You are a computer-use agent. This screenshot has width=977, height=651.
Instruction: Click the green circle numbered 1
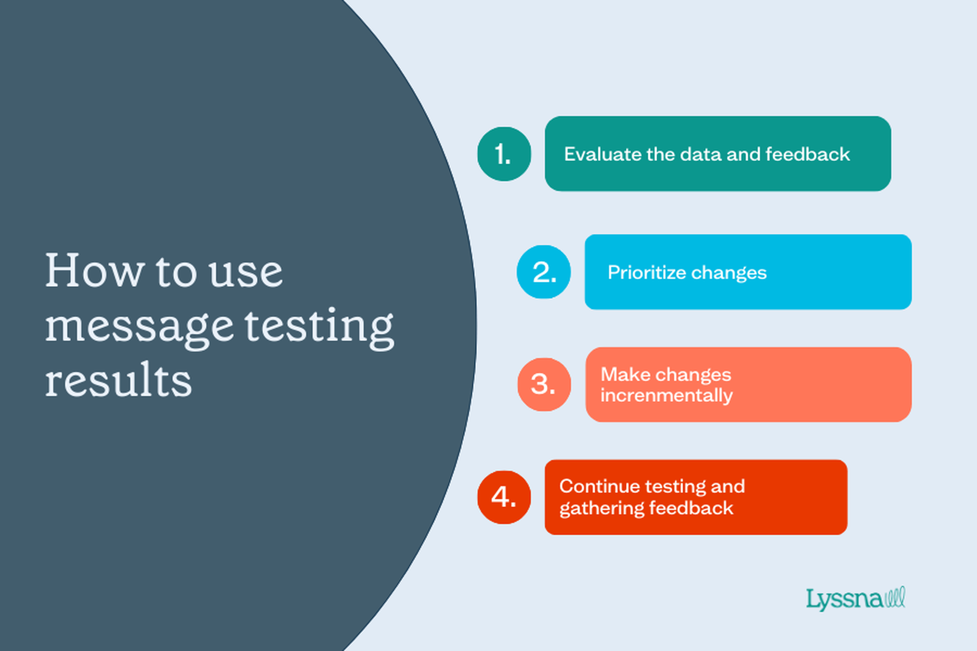[504, 154]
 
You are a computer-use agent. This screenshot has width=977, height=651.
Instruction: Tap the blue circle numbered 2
[544, 272]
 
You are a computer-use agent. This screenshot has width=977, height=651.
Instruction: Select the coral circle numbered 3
[544, 384]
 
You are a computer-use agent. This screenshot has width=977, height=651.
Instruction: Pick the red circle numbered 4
[504, 497]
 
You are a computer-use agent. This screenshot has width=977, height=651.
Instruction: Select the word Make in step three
[622, 375]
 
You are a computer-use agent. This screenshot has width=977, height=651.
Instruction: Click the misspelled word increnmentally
[666, 395]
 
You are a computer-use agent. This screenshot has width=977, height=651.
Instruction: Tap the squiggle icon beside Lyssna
[894, 597]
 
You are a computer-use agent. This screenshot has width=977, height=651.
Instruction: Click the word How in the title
[94, 270]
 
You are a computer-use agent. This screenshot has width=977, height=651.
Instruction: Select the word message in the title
[139, 328]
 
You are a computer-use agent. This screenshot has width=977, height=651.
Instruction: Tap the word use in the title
[246, 273]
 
